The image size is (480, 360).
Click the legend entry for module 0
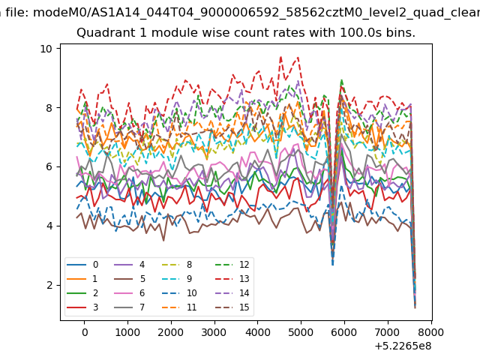tap(82, 265)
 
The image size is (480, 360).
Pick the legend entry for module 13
tap(232, 279)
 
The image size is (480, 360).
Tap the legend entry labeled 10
tap(179, 293)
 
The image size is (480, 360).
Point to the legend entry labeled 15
tap(232, 307)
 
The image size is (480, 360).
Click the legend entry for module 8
tap(177, 265)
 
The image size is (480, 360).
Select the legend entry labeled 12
tap(232, 265)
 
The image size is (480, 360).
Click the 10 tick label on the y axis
tap(46, 49)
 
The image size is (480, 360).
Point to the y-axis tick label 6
tap(49, 166)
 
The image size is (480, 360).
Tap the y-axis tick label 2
tap(49, 285)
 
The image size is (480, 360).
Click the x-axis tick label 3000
tap(214, 332)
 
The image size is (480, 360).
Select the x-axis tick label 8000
tap(431, 332)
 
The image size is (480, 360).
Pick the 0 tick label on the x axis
tap(85, 332)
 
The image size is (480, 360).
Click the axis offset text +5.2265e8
tap(403, 346)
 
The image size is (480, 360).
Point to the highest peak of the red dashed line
tap(280, 57)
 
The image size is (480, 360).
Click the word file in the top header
tap(16, 13)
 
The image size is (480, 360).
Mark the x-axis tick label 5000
tap(301, 332)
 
